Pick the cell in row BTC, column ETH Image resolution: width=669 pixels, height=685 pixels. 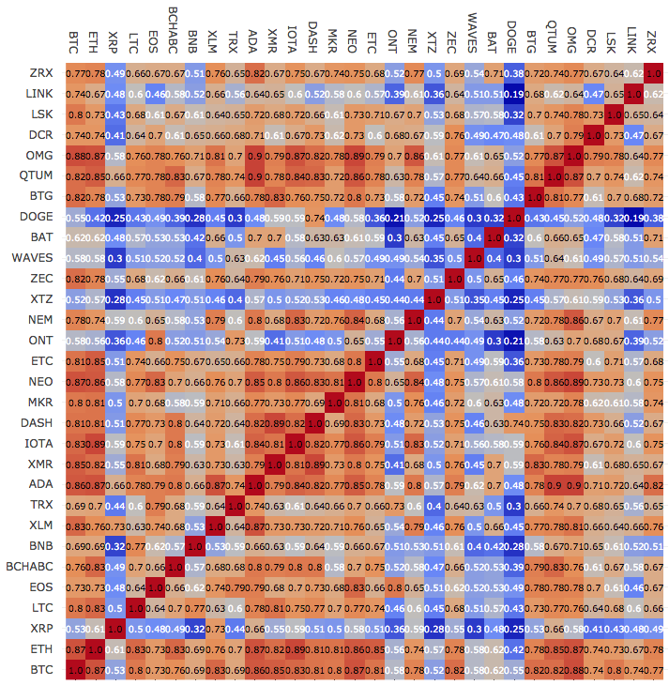[94, 670]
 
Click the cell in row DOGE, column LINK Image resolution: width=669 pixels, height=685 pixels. [633, 217]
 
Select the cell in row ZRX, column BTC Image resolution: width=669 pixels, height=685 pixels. [74, 72]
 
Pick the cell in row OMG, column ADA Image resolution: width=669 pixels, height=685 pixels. [254, 155]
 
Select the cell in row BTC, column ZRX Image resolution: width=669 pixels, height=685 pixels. [653, 670]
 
